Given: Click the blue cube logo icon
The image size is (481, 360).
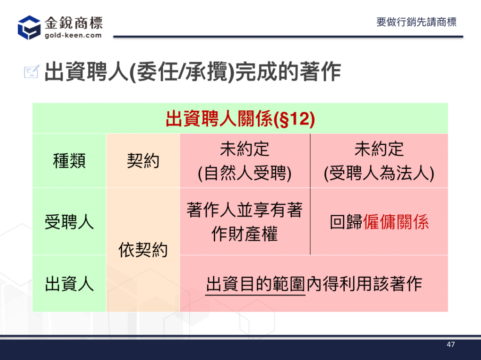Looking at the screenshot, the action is pos(29,28).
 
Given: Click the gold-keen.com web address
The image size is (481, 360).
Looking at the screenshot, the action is pos(73,35).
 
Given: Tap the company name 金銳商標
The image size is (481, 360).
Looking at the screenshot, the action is pos(74,23).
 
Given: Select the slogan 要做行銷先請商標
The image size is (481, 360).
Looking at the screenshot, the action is pos(416,22).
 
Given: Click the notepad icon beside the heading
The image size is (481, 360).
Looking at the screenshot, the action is pos(32,71).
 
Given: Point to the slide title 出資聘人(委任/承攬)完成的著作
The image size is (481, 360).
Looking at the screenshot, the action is pos(193,72).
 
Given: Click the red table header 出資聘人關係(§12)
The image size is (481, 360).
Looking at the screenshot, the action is pos(240,118).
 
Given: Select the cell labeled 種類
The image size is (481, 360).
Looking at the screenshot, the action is pos(69,161).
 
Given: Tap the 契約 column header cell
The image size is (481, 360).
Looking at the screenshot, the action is pos(143,161).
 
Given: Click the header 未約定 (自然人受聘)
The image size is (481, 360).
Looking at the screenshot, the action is pos(244,161).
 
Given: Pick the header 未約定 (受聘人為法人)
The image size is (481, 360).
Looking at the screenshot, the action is pos(379,161).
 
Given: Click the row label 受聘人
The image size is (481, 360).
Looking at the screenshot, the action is pos(69,222).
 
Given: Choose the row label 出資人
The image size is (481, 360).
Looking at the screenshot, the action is pos(69,283).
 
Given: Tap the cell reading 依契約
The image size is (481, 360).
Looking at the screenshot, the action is pos(143,250).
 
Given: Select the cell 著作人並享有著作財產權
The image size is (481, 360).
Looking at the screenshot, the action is pos(244,222).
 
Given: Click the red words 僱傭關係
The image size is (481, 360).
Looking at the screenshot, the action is pos(396,222).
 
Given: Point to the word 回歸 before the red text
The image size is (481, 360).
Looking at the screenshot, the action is pos(346,222).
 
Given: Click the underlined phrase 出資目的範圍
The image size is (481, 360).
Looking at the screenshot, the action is pos(256,284).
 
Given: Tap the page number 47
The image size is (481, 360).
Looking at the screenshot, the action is pos(450,344).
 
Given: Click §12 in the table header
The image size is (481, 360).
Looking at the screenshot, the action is pos(294,119).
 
